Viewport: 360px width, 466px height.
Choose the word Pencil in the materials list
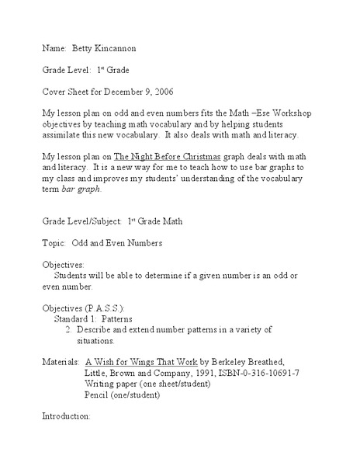click(96, 394)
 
